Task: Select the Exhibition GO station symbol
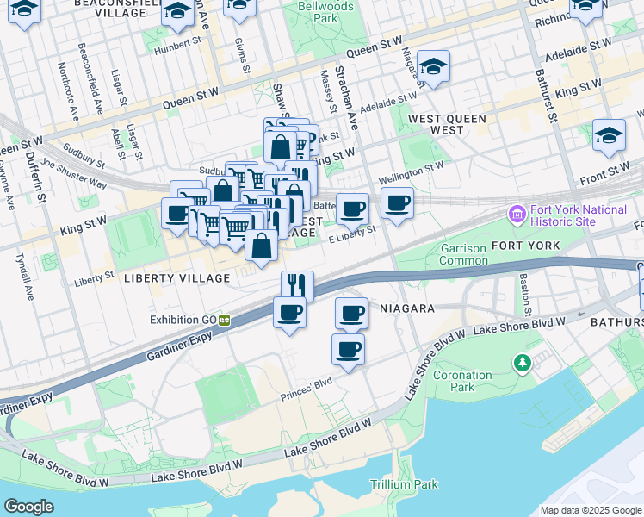coord(224,320)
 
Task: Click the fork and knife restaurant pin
coord(297,285)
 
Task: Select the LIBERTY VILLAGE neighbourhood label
coord(176,278)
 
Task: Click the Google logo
coord(28,506)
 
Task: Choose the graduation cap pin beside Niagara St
coord(433,67)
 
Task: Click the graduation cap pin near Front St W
coord(608,136)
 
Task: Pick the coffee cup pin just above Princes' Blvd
coord(348,350)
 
